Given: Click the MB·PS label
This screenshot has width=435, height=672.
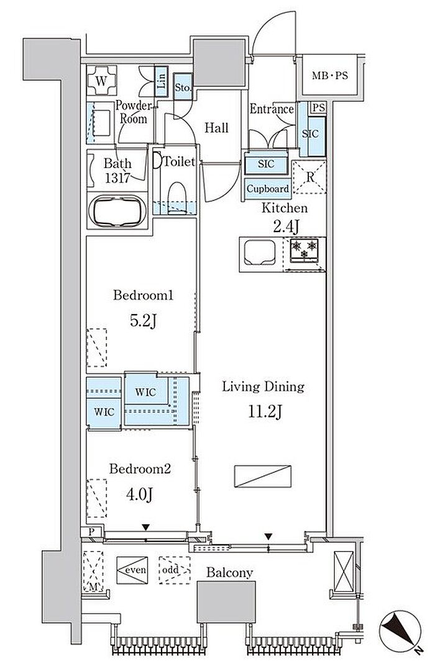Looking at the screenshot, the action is (330, 76).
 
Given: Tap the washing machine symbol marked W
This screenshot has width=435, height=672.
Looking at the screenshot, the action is (101, 81).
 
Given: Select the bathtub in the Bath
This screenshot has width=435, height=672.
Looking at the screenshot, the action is (117, 210).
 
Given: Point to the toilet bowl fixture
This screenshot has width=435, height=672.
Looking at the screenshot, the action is (176, 197).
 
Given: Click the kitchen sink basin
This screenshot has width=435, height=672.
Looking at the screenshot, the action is (260, 253).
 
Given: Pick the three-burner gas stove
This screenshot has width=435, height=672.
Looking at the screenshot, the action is (304, 250).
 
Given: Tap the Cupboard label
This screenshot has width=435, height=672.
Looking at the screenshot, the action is (268, 189).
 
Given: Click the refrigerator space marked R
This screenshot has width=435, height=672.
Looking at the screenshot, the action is (309, 177).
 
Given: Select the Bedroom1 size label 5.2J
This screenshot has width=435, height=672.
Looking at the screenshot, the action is (142, 321).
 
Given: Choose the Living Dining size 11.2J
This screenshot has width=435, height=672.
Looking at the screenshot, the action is (265, 412).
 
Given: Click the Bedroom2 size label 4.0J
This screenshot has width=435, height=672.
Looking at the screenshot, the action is (139, 495).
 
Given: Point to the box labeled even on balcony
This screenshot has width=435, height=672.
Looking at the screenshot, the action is (132, 570).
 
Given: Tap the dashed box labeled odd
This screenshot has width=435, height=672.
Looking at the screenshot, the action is (175, 570).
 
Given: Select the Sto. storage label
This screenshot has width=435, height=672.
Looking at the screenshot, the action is (183, 87).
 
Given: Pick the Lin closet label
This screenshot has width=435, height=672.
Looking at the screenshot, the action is (161, 81).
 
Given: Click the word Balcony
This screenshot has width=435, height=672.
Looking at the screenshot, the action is (229, 573).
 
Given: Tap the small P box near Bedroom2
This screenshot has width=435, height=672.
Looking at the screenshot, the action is (91, 532).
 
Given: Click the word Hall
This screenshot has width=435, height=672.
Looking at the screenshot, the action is (216, 127).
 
